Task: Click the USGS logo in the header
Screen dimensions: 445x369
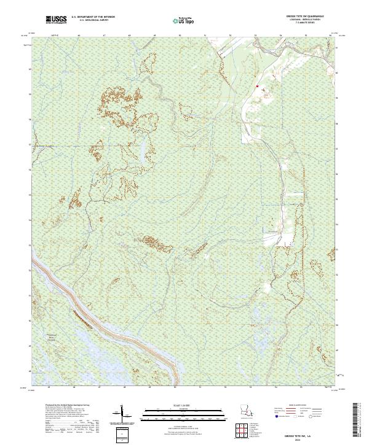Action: pyautogui.click(x=57, y=20)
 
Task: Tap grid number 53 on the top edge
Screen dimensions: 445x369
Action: pyautogui.click(x=255, y=36)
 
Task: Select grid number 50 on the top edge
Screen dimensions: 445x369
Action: pyautogui.click(x=179, y=36)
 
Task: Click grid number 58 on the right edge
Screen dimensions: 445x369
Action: pyautogui.click(x=336, y=123)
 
